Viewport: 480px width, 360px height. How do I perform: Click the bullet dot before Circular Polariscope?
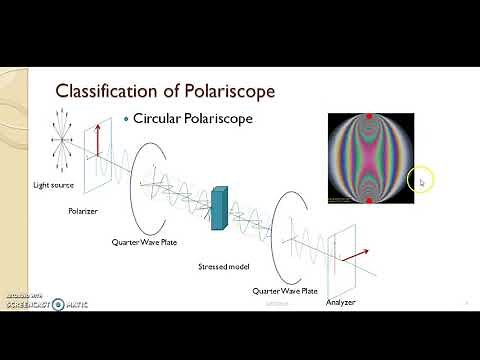[x=126, y=118]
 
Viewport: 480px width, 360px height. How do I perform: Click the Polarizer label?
[x=82, y=211]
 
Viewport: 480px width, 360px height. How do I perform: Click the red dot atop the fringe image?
[x=370, y=117]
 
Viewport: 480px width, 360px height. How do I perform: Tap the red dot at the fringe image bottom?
[x=370, y=201]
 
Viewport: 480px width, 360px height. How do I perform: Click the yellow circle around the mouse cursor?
[x=421, y=181]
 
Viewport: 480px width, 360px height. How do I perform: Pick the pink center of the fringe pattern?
[x=370, y=160]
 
